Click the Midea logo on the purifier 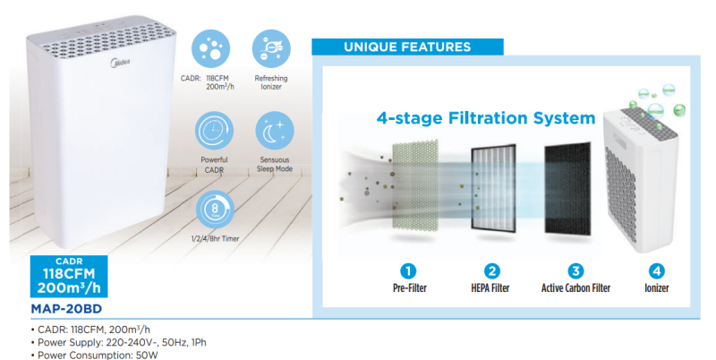point(120,63)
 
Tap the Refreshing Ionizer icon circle point(271,49)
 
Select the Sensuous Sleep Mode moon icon point(275,131)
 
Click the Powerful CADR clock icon point(214,131)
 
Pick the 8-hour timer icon point(215,210)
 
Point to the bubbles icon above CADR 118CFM point(210,49)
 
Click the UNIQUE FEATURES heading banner point(407,47)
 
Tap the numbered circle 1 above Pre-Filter point(408,271)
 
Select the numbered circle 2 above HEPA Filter point(491,271)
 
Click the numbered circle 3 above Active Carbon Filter point(575,271)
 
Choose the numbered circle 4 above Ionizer point(656,271)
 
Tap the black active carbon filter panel point(567,189)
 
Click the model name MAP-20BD point(66,309)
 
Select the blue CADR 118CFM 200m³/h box point(69,277)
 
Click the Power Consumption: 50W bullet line point(95,355)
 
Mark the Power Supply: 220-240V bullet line point(119,342)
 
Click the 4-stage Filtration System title point(486,118)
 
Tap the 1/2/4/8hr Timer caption point(215,238)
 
